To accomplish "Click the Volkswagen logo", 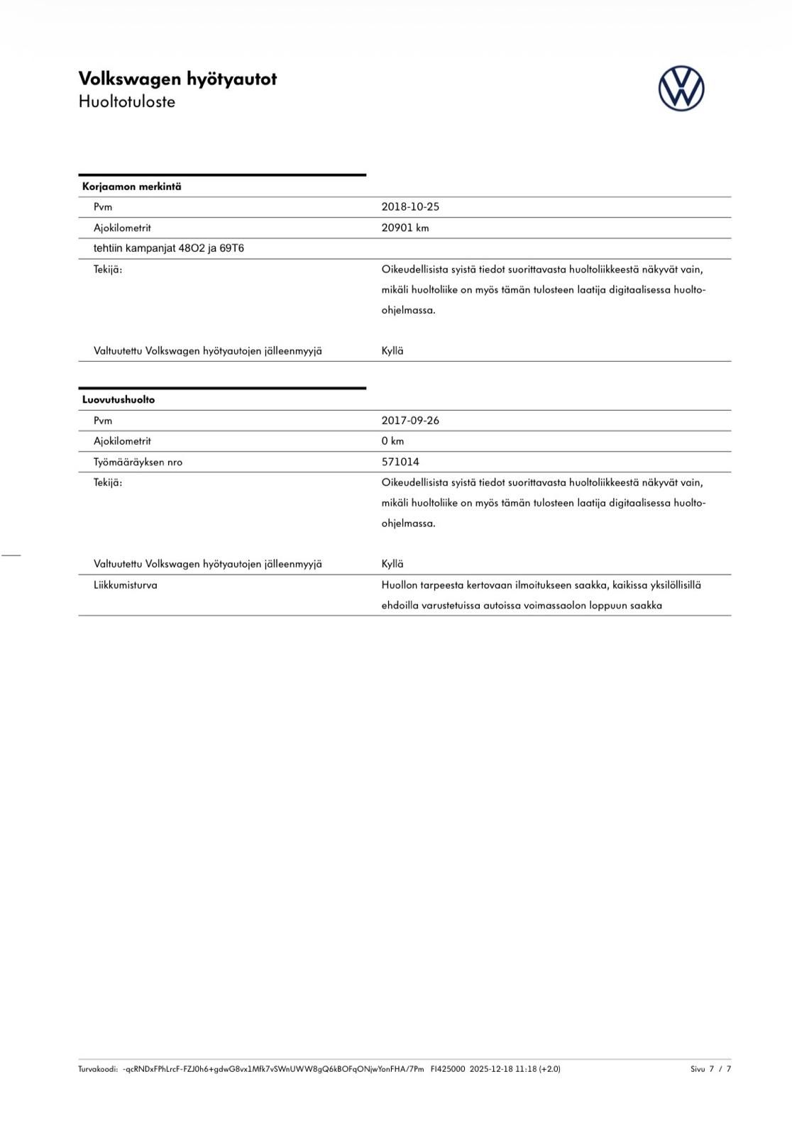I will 681,89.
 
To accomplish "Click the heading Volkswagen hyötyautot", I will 177,79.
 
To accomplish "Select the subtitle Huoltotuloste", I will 127,101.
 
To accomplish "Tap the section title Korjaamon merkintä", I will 132,187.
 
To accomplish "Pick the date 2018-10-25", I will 410,207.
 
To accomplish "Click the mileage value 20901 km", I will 405,228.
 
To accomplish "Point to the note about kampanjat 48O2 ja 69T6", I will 169,248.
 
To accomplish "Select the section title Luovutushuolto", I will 119,399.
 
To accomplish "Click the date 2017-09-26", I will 410,421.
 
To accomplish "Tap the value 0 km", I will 392,441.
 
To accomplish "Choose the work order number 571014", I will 400,462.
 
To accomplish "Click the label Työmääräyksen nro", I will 138,462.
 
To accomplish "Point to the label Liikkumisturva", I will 126,585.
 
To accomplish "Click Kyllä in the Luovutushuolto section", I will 392,564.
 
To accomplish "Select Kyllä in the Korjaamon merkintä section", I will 392,351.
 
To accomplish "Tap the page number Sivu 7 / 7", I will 710,1069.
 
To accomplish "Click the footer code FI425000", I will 448,1069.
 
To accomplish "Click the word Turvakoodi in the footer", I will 98,1069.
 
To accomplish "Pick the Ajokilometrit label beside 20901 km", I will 122,228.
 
